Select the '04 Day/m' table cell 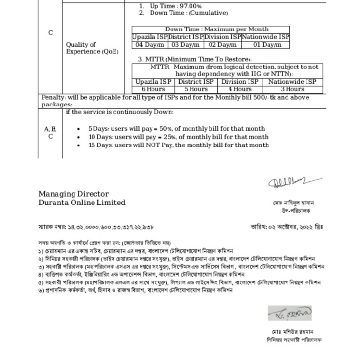click(x=150, y=45)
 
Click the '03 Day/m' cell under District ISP click(x=186, y=45)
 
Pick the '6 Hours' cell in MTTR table click(x=153, y=89)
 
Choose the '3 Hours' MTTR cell click(x=292, y=89)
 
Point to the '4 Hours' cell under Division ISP click(x=240, y=89)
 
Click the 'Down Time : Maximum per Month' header click(x=217, y=30)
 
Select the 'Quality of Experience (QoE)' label click(x=92, y=48)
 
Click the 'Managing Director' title click(x=73, y=194)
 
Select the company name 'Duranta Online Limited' click(x=82, y=202)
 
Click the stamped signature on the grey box click(x=289, y=313)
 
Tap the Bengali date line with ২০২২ click(x=287, y=227)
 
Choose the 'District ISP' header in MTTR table click(x=196, y=82)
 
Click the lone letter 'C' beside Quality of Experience click(x=51, y=33)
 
